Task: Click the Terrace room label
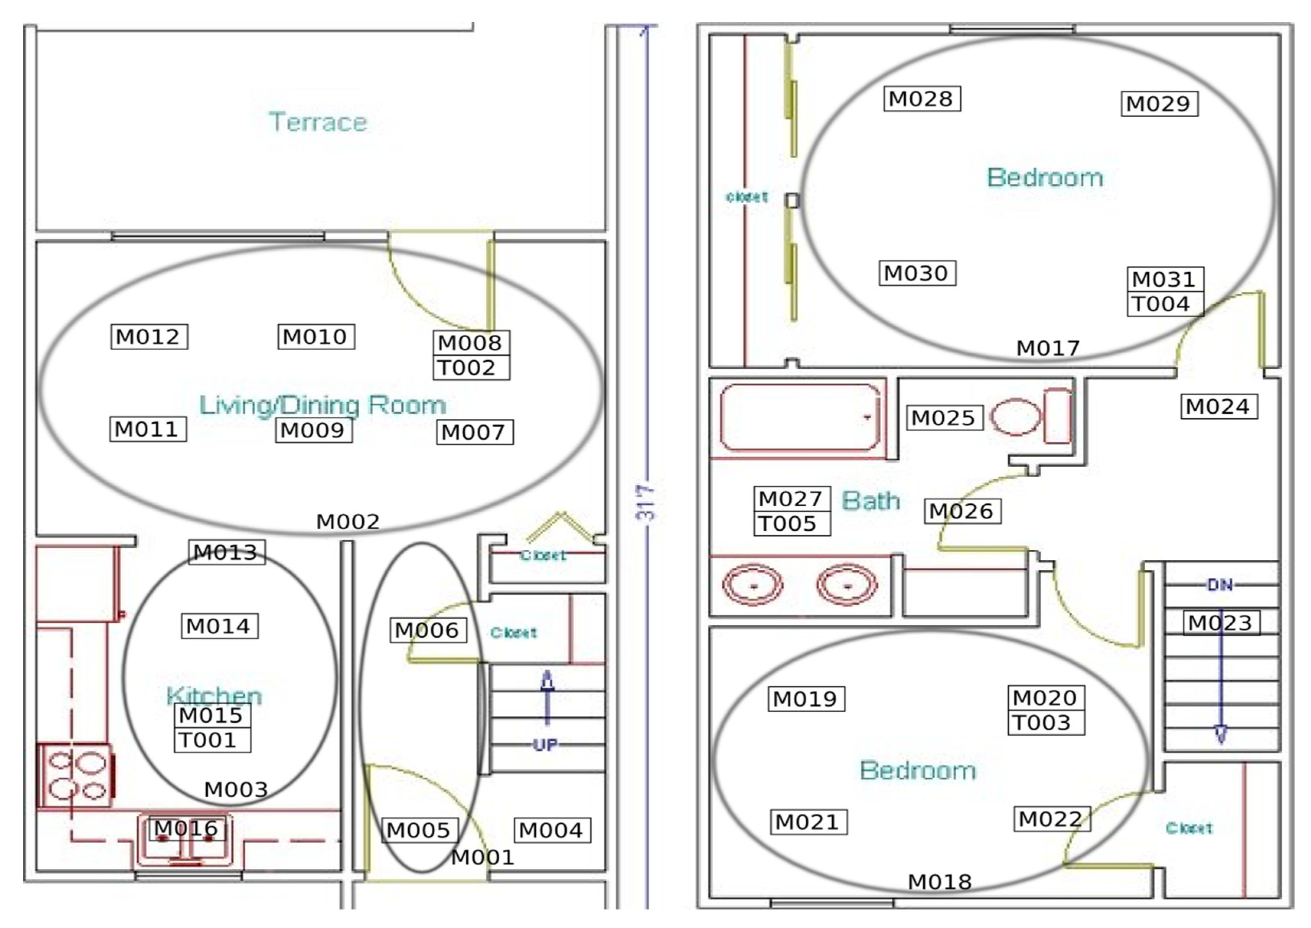click(318, 122)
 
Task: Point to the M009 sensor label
click(313, 430)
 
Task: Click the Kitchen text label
click(214, 696)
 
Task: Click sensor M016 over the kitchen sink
click(186, 828)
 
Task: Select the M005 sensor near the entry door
click(419, 830)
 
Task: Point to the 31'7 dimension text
click(647, 503)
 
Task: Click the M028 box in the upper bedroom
click(921, 99)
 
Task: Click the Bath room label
click(871, 501)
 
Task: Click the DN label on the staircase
click(1220, 585)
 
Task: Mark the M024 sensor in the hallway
click(1218, 407)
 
